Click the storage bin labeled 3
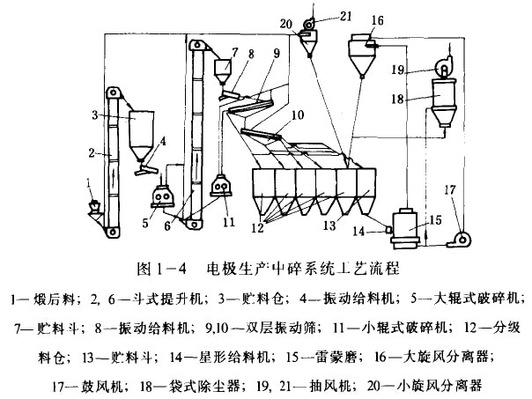pos(138,129)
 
